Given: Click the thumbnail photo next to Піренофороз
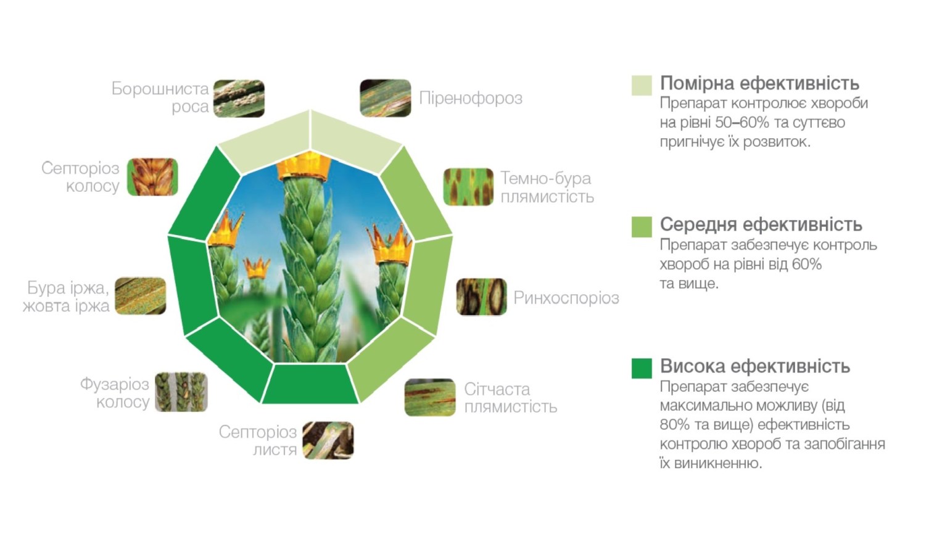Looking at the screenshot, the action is [x=385, y=98].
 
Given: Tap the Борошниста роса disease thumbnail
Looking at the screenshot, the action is [x=239, y=98].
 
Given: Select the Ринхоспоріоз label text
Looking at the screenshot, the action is [x=566, y=298].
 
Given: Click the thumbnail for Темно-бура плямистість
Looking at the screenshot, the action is [x=468, y=187].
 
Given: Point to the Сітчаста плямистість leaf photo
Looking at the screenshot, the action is [x=430, y=397].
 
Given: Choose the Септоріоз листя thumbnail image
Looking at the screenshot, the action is [x=328, y=440].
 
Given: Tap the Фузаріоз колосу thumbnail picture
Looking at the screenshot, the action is [x=181, y=392].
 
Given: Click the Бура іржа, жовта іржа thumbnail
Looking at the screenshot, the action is [x=141, y=296].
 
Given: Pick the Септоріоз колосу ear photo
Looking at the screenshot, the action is [x=152, y=177].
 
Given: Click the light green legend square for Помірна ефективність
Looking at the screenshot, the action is [x=642, y=85].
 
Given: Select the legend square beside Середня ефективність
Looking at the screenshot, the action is [x=642, y=227].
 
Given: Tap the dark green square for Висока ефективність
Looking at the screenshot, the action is [x=642, y=368].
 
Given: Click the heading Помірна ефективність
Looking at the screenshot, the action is [x=759, y=83].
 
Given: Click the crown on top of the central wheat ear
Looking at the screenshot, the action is [x=304, y=167].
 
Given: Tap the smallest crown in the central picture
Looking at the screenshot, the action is [x=256, y=268].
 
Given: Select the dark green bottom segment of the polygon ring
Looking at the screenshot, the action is [x=310, y=384].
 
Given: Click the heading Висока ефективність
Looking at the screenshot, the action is [x=755, y=366].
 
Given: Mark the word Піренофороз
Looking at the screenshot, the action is [x=471, y=98].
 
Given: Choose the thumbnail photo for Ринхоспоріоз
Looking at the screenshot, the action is [x=481, y=297].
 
